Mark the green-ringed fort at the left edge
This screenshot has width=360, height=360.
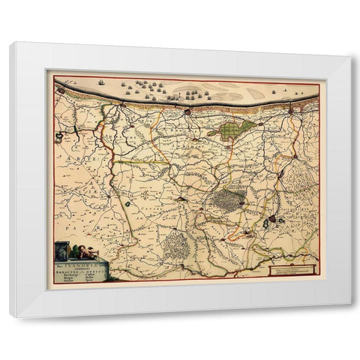point(59,136)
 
